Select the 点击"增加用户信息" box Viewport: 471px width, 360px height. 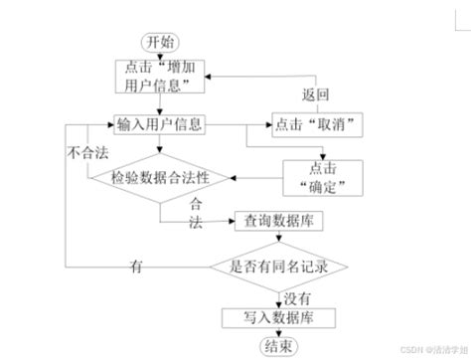coord(161,77)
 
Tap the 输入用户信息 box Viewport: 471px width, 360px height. coord(160,125)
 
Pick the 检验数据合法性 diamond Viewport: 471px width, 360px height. coord(161,179)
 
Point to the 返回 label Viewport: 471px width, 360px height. coord(315,95)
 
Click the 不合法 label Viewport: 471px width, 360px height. coord(86,154)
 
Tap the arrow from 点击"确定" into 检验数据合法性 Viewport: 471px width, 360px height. coord(252,179)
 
